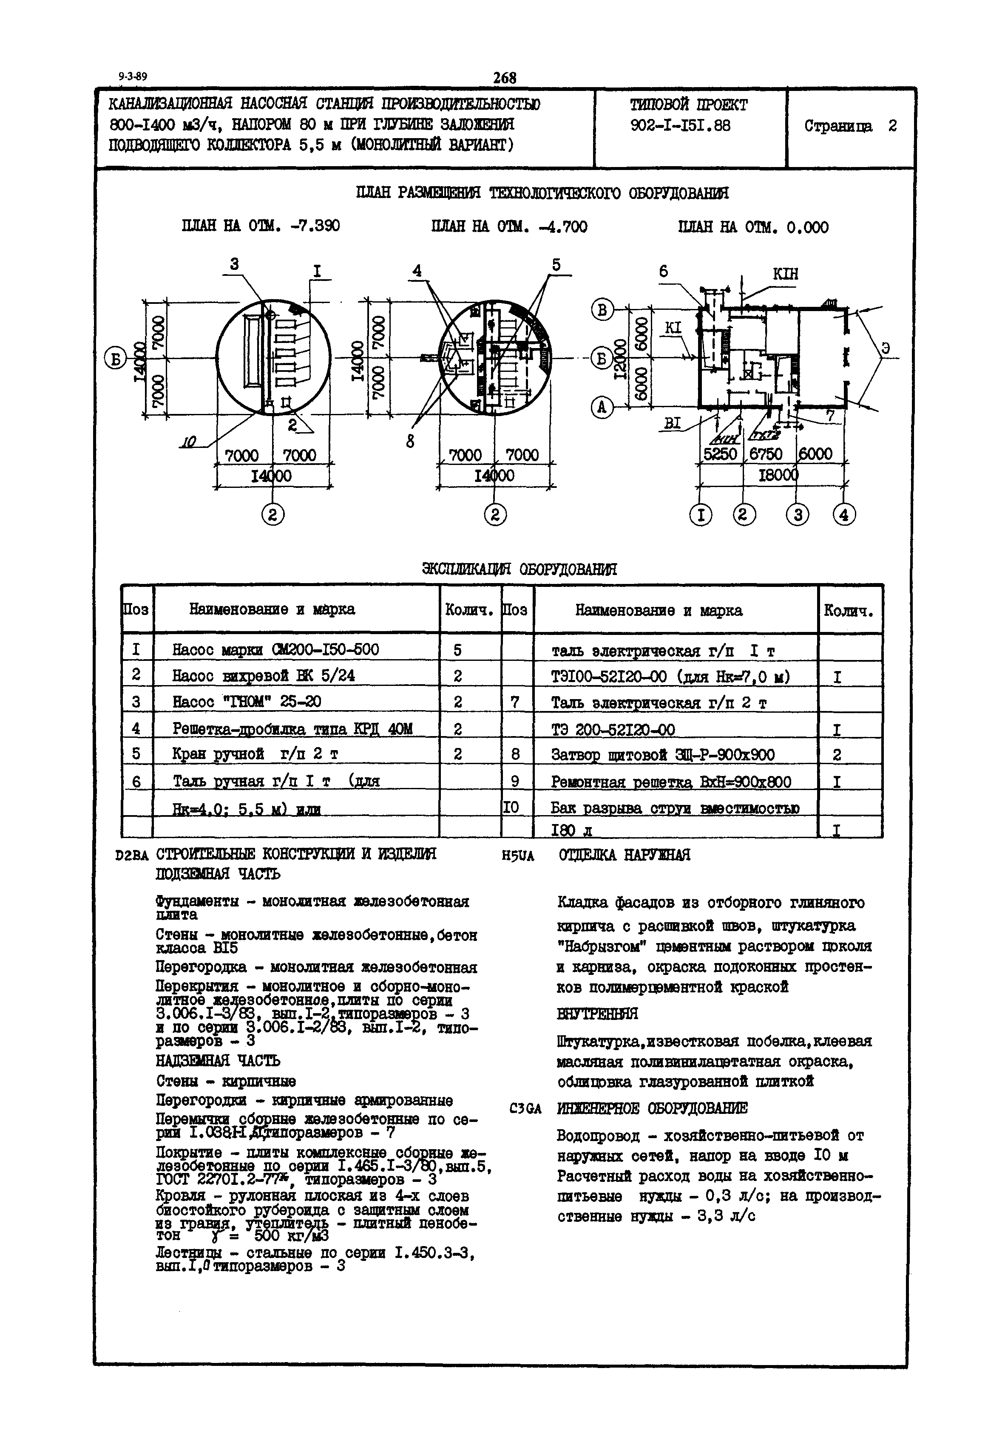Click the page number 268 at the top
tap(504, 77)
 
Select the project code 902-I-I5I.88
tap(680, 126)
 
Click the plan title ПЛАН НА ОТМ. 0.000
tap(753, 227)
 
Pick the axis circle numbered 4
tap(844, 515)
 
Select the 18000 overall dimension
tap(777, 475)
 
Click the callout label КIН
tap(785, 274)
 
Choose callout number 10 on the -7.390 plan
tap(187, 443)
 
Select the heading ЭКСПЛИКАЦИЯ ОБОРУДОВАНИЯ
tap(520, 569)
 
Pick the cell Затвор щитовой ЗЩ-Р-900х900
tap(662, 755)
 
